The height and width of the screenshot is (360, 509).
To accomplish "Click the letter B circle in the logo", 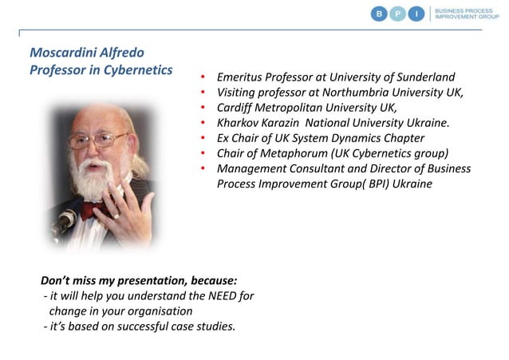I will point(381,14).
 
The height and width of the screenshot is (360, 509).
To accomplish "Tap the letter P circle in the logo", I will point(398,14).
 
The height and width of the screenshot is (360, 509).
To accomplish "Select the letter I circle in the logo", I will point(416,14).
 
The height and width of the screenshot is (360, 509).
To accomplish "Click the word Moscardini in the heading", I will point(63,53).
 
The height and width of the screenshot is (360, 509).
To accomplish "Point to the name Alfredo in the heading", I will point(122,53).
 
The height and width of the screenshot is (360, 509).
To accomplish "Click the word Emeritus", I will point(245,77).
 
